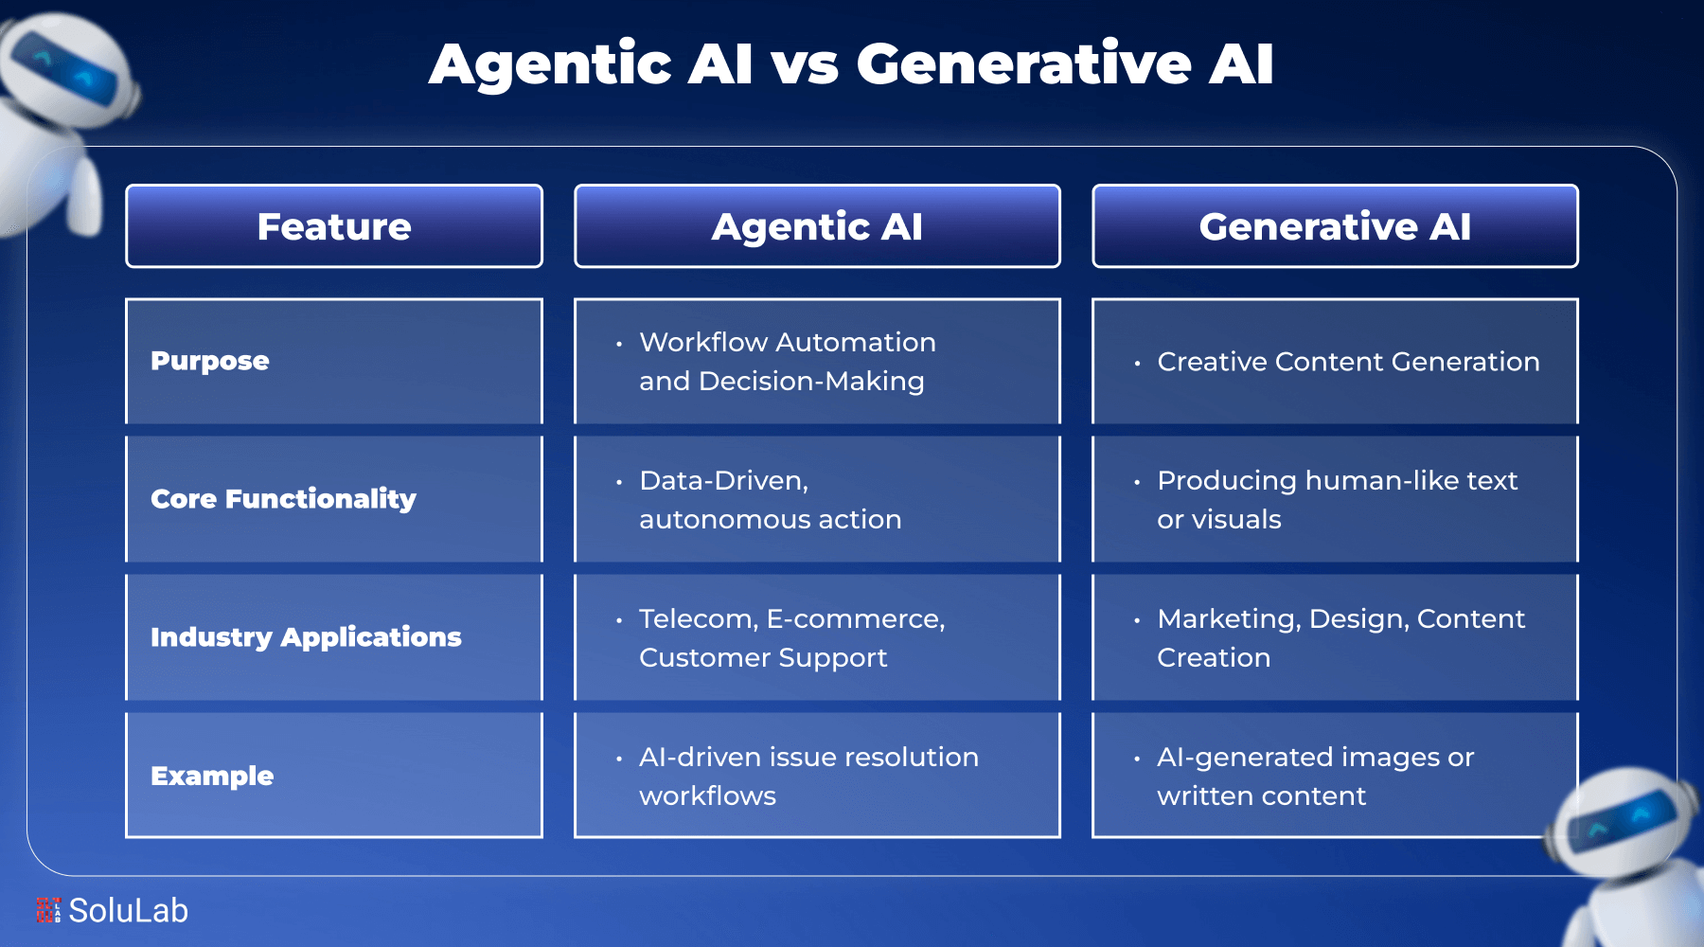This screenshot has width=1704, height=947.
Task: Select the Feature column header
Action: [334, 226]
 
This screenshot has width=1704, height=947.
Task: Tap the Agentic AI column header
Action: [817, 226]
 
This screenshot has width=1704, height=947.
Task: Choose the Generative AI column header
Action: [1335, 226]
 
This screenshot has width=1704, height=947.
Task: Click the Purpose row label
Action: [210, 361]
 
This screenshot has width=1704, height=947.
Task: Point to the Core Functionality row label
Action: [283, 499]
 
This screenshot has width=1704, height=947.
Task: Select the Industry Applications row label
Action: [306, 637]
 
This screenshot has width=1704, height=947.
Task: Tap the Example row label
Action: [212, 776]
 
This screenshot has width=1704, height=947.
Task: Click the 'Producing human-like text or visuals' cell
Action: [1336, 500]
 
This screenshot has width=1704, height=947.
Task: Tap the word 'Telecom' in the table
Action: [697, 619]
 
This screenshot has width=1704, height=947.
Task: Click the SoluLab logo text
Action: [129, 911]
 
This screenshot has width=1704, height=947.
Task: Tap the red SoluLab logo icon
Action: [48, 910]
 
